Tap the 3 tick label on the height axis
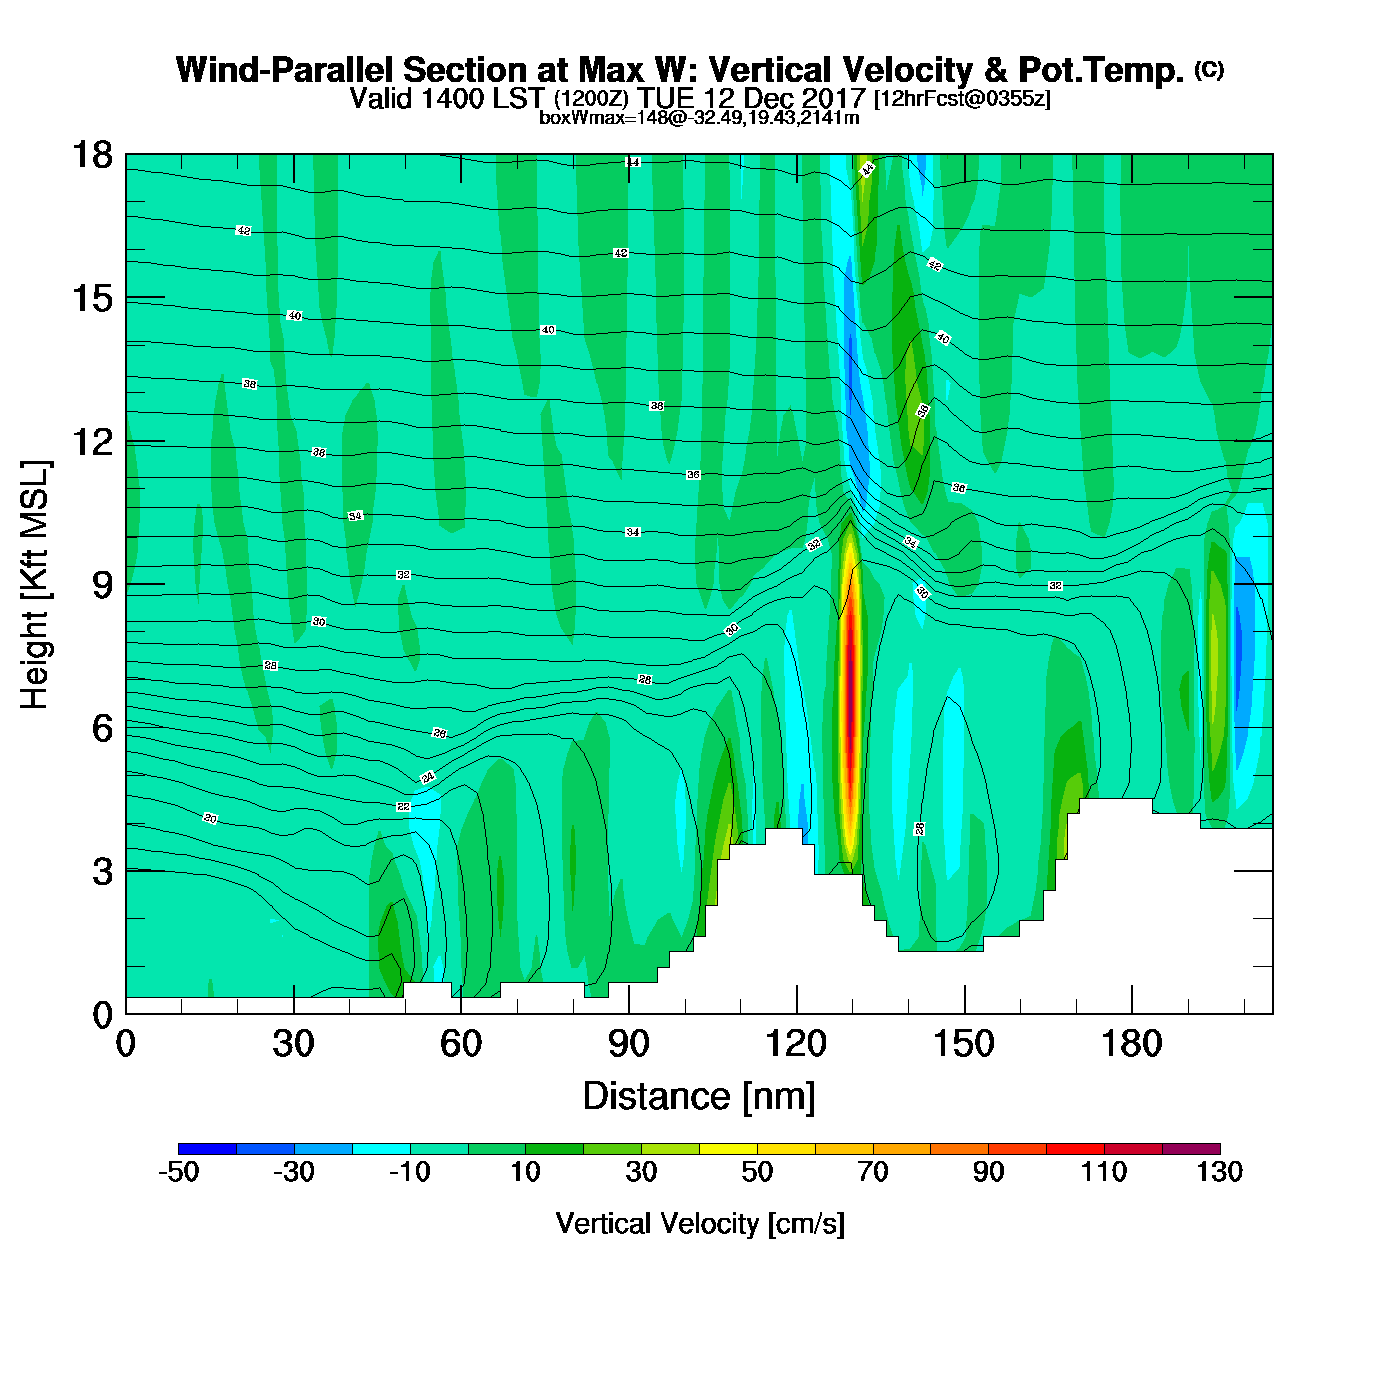coord(103,872)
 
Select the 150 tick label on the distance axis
coord(964,1045)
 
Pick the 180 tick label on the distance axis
coord(1132,1045)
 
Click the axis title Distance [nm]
coord(699,1097)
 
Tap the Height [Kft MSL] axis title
coord(35,585)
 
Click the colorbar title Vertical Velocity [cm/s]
coord(700,1223)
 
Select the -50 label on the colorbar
coord(179,1172)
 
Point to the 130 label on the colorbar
coord(1219,1172)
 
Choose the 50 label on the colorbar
coord(757,1172)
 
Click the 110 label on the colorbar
coord(1104,1172)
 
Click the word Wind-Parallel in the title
coord(284,71)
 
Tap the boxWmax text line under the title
coord(699,118)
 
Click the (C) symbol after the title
coord(1208,69)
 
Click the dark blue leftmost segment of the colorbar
coord(207,1148)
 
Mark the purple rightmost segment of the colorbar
coord(1191,1148)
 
